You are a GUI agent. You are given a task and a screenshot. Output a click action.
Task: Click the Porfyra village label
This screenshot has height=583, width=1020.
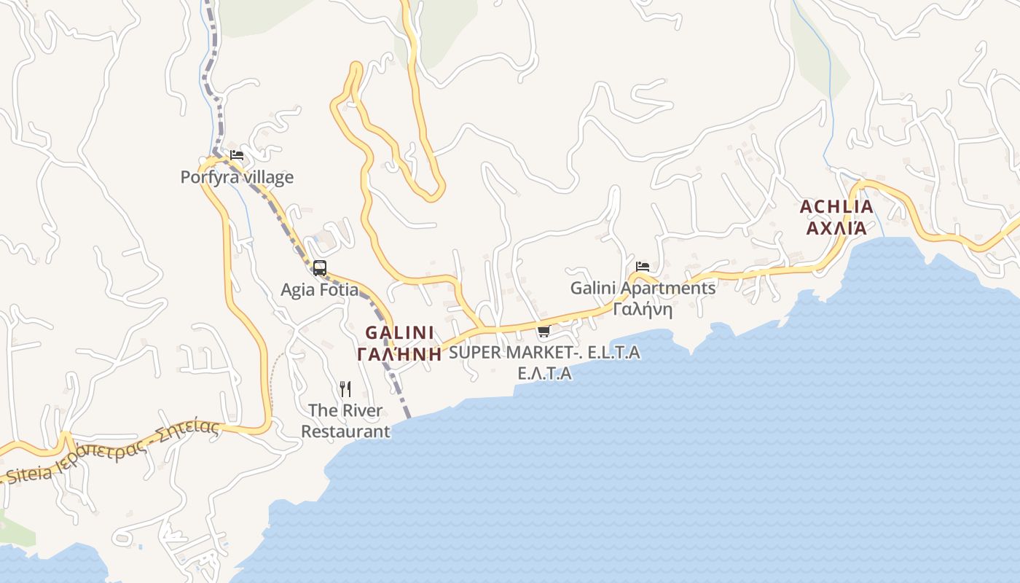point(237,177)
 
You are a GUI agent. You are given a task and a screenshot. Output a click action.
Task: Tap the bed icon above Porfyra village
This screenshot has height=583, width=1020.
point(236,155)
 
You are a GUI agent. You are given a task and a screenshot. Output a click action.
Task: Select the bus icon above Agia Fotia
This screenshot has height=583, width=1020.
point(319,268)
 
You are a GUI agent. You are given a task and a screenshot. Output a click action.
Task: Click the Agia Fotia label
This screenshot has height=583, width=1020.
point(319,289)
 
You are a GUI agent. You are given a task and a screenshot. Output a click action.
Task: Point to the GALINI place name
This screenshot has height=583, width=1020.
point(399,333)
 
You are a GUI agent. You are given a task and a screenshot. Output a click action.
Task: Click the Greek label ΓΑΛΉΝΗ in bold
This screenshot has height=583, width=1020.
point(399,355)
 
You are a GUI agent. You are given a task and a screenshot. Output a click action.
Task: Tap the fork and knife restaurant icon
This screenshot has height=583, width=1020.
point(345,389)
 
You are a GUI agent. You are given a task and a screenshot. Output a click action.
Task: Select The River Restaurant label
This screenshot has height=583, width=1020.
point(345,420)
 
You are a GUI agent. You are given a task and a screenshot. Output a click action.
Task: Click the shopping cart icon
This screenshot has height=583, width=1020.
point(544,332)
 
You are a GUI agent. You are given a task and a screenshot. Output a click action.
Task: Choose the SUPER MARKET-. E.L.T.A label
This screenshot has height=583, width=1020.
point(544,353)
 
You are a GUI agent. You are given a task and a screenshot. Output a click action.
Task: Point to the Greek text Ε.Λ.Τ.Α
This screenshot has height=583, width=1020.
point(544,373)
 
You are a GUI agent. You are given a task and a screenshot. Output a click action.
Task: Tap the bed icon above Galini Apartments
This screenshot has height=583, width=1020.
point(642,267)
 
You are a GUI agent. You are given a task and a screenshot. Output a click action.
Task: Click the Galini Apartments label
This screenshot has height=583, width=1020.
point(643,288)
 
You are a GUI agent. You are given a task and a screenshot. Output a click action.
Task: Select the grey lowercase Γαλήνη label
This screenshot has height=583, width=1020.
point(643,309)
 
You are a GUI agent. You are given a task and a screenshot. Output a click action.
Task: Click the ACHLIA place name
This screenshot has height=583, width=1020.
point(836,207)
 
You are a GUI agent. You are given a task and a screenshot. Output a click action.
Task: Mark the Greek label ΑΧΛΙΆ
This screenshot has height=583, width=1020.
point(836,227)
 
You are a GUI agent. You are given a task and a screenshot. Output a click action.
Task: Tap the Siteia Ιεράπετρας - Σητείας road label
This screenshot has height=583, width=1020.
point(113,453)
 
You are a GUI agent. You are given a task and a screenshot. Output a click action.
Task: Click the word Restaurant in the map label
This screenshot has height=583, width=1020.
point(345,431)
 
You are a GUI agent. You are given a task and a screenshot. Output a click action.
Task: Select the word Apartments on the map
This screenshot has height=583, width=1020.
point(668,288)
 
